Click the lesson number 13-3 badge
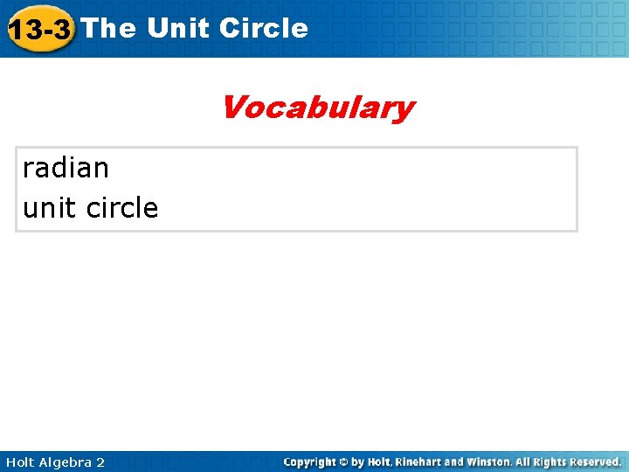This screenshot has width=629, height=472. (39, 30)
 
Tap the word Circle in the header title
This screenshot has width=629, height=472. (264, 28)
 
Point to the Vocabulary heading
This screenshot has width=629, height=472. (317, 108)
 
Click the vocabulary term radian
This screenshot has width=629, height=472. (66, 167)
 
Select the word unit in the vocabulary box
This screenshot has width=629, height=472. (45, 208)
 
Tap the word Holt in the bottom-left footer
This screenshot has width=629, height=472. (20, 462)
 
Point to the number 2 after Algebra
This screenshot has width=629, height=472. (100, 462)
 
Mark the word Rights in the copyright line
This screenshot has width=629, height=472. (543, 462)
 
